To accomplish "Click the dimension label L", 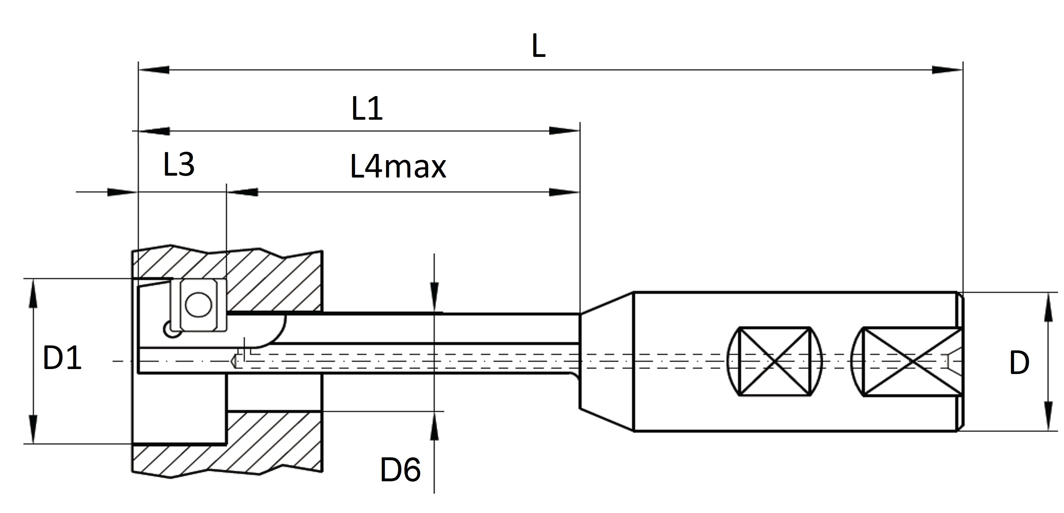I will pos(538,46).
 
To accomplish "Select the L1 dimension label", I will pos(367,109).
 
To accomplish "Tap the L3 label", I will pos(179,164).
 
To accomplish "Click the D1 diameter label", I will pos(62,358).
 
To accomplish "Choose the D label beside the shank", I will pos(1019,363).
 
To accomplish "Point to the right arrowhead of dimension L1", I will pos(565,131).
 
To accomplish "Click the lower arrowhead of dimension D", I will pos(1048,416).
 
